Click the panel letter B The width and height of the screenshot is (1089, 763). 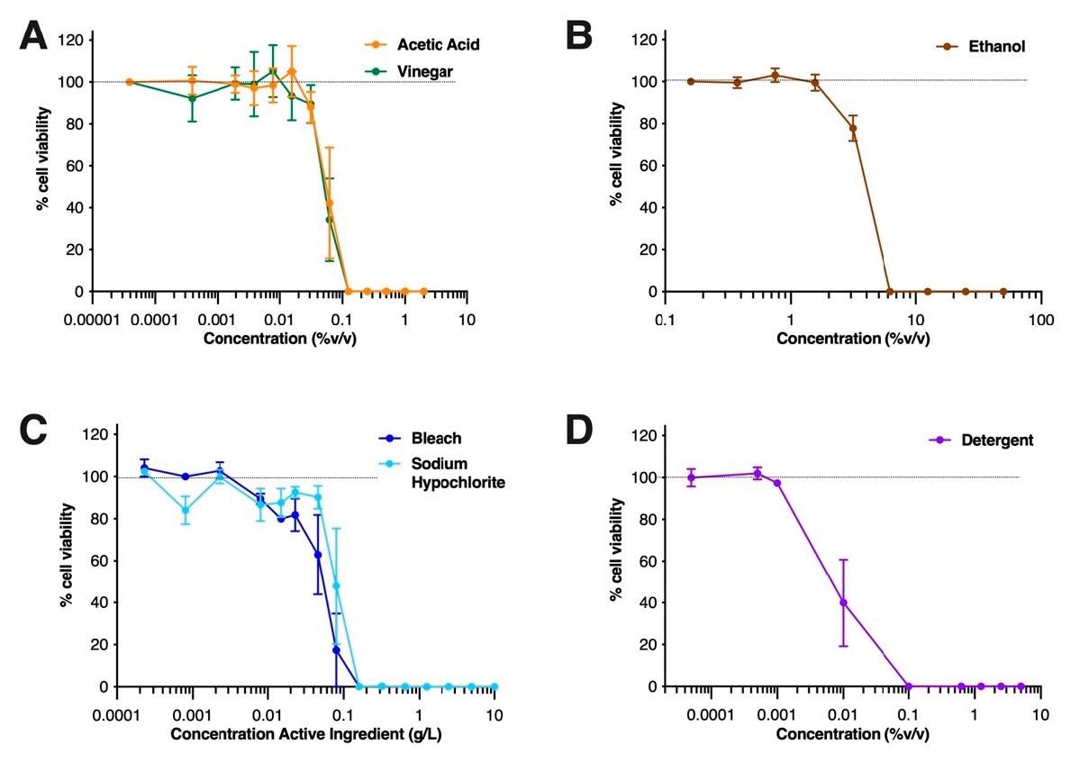click(x=578, y=37)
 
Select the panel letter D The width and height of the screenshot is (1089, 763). click(x=579, y=431)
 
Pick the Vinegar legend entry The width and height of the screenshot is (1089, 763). click(x=426, y=70)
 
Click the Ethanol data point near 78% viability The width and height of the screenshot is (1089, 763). click(x=852, y=128)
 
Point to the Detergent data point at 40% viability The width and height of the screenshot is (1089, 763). click(x=843, y=603)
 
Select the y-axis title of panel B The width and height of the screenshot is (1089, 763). click(x=616, y=153)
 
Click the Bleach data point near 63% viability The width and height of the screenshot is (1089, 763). click(x=317, y=555)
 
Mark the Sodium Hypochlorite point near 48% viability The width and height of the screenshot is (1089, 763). click(x=337, y=586)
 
